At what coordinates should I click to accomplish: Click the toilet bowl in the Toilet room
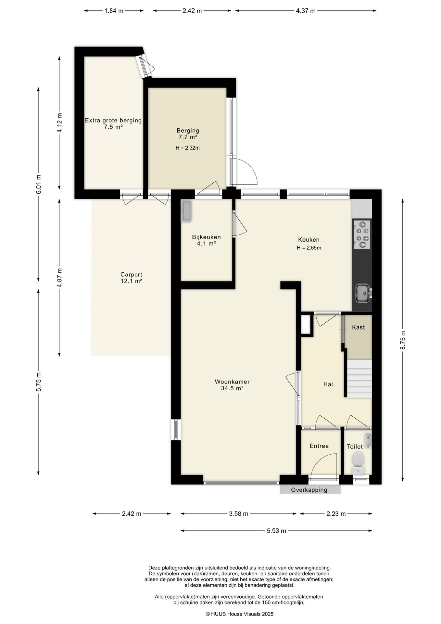pyautogui.click(x=358, y=462)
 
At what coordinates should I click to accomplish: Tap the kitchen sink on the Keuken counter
pyautogui.click(x=363, y=293)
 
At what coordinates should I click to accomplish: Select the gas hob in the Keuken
pyautogui.click(x=362, y=234)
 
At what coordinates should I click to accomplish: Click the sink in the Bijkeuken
pyautogui.click(x=186, y=211)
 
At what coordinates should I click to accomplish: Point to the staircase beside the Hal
pyautogui.click(x=359, y=378)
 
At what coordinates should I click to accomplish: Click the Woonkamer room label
pyautogui.click(x=232, y=382)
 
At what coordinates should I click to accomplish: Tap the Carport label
pyautogui.click(x=131, y=275)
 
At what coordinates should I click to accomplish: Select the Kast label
pyautogui.click(x=358, y=327)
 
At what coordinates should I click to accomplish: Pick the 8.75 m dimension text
pyautogui.click(x=403, y=340)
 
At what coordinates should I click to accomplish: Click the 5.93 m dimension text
pyautogui.click(x=276, y=531)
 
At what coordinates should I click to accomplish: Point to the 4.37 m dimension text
pyautogui.click(x=306, y=11)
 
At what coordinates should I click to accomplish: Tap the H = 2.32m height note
pyautogui.click(x=187, y=148)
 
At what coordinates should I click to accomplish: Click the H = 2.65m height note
pyautogui.click(x=309, y=248)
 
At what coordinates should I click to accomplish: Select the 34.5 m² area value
pyautogui.click(x=232, y=388)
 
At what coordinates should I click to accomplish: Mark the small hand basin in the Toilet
pyautogui.click(x=368, y=440)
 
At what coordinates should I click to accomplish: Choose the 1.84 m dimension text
pyautogui.click(x=114, y=11)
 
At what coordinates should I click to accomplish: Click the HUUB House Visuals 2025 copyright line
pyautogui.click(x=240, y=614)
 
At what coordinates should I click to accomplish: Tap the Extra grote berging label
pyautogui.click(x=113, y=120)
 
